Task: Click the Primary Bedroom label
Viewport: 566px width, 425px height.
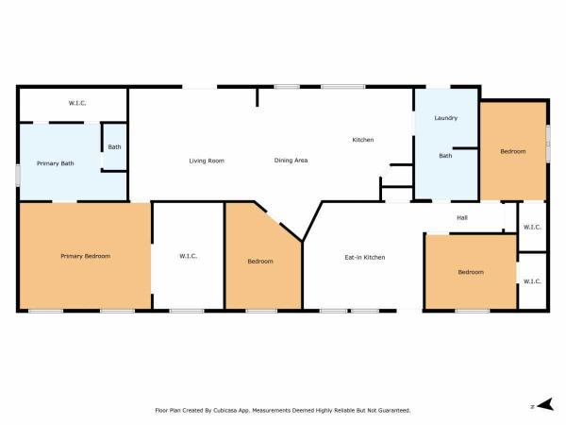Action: click(x=86, y=256)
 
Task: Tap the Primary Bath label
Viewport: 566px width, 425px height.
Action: click(x=56, y=163)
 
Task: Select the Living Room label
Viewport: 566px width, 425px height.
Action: click(x=207, y=161)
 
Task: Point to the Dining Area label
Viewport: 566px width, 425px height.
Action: click(x=291, y=161)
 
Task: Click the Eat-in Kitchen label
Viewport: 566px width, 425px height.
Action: click(x=365, y=257)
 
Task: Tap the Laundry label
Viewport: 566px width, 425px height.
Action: click(x=446, y=118)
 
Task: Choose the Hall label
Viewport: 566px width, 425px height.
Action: click(x=462, y=217)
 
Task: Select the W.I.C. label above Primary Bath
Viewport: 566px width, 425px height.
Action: click(x=77, y=103)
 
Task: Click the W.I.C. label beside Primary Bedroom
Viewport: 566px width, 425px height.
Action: click(x=188, y=256)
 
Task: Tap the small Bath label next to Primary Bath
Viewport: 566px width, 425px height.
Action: click(x=114, y=146)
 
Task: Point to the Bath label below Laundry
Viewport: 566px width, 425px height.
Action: click(x=445, y=156)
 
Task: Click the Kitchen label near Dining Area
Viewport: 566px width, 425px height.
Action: click(x=363, y=140)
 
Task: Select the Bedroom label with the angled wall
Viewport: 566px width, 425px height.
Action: click(x=260, y=262)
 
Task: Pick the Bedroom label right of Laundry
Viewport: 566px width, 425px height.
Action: click(x=513, y=151)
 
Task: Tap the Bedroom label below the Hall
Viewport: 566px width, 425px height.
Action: click(x=471, y=272)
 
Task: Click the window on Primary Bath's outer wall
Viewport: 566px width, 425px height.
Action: click(x=18, y=176)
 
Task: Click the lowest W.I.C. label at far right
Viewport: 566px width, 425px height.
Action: click(x=532, y=281)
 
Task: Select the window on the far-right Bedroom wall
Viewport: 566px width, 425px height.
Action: click(x=548, y=144)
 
